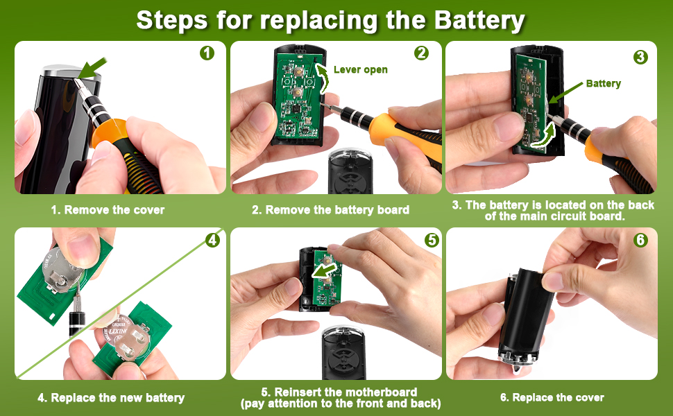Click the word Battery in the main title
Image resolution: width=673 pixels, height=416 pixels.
(479, 20)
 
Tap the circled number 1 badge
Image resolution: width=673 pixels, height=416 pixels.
(207, 53)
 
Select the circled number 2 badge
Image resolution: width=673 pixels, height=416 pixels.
(421, 53)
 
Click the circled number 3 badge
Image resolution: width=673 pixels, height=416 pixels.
(641, 57)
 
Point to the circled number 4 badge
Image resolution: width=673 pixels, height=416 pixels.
(213, 240)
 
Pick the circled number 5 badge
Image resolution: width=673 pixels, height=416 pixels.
(432, 240)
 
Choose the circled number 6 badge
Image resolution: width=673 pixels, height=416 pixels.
(641, 240)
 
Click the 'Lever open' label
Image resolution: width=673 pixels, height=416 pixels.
(361, 70)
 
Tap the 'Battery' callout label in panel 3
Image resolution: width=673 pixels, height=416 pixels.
(604, 84)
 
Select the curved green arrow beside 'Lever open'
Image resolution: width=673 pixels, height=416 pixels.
(323, 77)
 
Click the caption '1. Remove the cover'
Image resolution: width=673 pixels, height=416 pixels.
(108, 209)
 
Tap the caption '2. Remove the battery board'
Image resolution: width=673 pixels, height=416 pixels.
(330, 209)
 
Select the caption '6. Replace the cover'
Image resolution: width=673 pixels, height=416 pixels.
(552, 397)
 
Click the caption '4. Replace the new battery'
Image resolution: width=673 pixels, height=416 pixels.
(111, 397)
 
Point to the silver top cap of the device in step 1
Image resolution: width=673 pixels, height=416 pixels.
(70, 71)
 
